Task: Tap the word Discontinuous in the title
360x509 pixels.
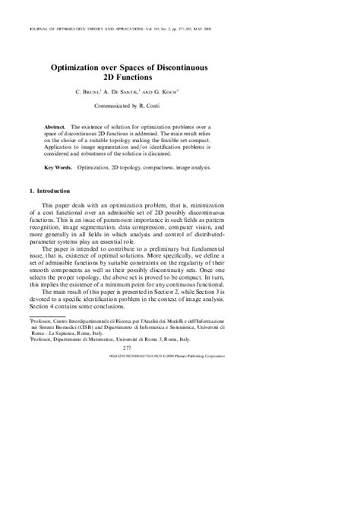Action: pos(214,67)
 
